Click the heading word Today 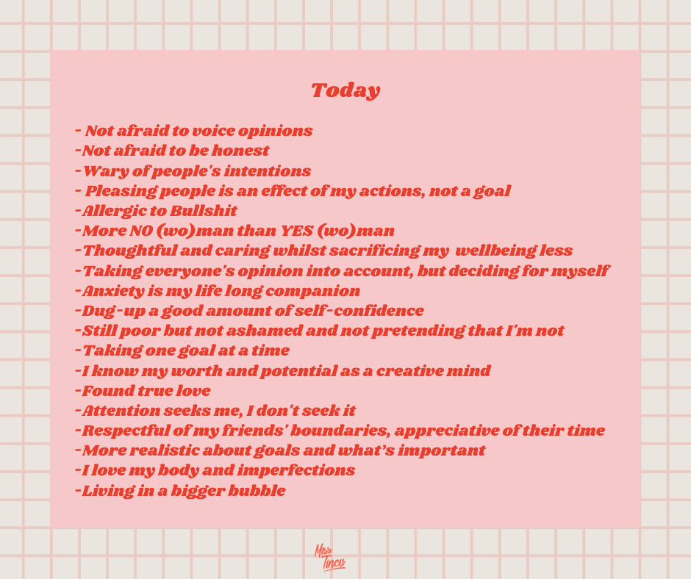345,91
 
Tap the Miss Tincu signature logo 329,558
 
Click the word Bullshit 204,211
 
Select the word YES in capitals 297,231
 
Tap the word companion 313,292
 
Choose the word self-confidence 359,311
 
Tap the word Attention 121,411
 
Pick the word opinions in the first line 275,132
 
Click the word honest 240,151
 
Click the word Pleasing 121,192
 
